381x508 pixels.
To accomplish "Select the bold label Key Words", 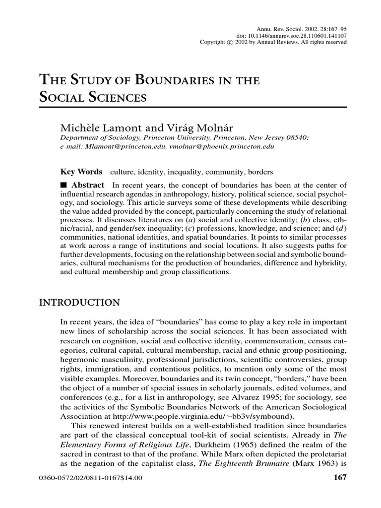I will tap(81, 172).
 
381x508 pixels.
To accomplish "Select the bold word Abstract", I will tap(88, 185).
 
